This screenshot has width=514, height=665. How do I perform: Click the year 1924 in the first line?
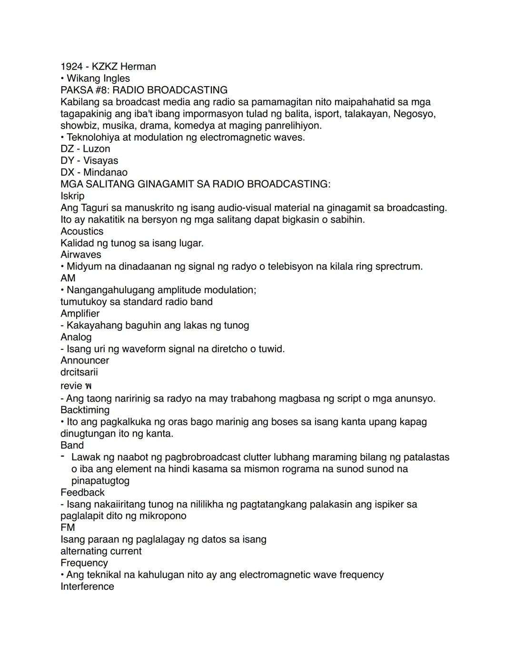[x=71, y=67]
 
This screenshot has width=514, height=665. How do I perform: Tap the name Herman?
[x=138, y=67]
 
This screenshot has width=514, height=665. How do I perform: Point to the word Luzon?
[x=97, y=149]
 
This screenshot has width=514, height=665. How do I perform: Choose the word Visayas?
[x=101, y=161]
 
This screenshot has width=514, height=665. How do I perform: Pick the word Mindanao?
[x=105, y=172]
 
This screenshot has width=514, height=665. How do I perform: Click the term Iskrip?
[x=72, y=196]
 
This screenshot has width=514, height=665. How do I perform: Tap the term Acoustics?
[x=82, y=231]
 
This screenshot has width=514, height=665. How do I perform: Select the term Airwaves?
[x=81, y=255]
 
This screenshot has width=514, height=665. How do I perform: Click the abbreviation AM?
[x=68, y=278]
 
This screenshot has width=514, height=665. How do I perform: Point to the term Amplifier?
[x=80, y=314]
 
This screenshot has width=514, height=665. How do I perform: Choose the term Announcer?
[x=85, y=360]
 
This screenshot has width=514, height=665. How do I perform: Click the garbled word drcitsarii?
[x=79, y=372]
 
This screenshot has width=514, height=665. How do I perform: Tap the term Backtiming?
[x=85, y=410]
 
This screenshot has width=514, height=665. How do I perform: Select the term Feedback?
[x=82, y=492]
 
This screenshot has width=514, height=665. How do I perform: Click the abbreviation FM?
[x=68, y=527]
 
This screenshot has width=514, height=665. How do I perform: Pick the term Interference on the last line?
[x=87, y=586]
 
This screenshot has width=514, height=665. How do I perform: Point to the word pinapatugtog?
[x=100, y=481]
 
